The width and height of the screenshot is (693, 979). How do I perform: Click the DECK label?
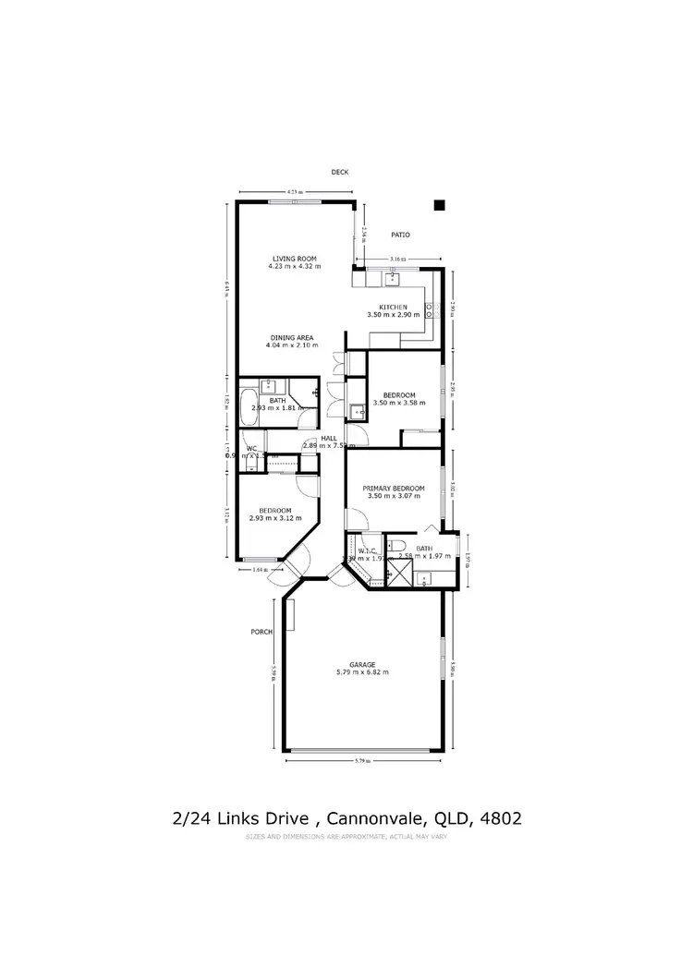342,173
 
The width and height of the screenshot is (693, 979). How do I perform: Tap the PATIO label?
400,236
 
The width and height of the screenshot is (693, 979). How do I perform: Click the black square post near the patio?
440,205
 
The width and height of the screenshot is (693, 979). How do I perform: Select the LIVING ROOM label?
294,258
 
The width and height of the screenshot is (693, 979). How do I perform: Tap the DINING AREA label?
293,338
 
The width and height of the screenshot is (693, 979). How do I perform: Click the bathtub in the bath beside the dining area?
248,405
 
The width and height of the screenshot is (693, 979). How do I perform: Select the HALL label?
328,440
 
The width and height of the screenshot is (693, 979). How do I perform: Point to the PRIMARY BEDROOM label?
394,489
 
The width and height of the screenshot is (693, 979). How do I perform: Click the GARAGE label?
362,664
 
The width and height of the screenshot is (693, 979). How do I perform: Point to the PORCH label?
261,633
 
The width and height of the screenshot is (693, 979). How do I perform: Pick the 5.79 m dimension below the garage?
362,761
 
